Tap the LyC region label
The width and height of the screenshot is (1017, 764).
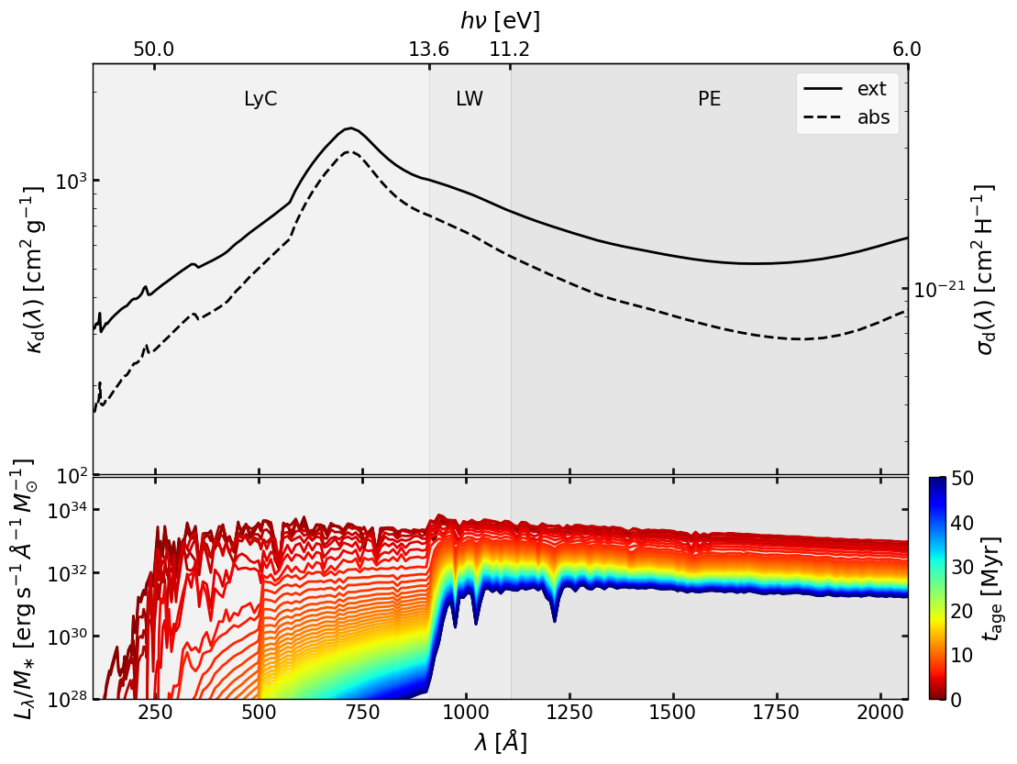pos(260,100)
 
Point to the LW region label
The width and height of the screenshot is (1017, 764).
pos(470,100)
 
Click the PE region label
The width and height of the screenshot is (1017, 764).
pos(709,100)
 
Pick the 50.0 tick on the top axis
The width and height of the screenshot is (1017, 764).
pos(153,50)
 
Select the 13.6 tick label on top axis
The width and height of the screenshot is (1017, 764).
pos(428,50)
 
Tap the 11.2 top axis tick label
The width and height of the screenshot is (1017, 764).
pos(509,50)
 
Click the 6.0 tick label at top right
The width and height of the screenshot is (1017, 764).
pos(907,50)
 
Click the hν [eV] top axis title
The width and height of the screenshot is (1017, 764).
pos(500,20)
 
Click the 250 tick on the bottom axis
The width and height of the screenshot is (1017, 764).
pos(155,716)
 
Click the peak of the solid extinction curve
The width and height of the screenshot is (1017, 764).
pos(348,128)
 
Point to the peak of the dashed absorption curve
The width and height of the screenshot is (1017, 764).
pos(348,152)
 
